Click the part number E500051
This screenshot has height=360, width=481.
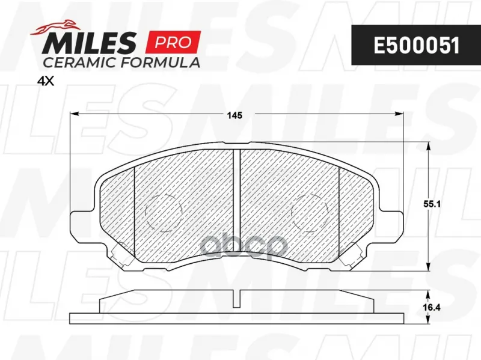click(417, 46)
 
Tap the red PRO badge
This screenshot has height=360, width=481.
click(174, 42)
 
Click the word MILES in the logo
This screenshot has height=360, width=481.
click(90, 42)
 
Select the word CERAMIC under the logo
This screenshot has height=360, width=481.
click(80, 63)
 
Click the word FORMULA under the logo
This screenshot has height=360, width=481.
click(160, 63)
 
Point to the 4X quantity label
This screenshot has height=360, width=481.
click(46, 81)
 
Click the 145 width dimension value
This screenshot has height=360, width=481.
click(234, 115)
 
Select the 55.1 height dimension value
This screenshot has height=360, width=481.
click(432, 204)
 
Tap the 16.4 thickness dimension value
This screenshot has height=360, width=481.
click(432, 307)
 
